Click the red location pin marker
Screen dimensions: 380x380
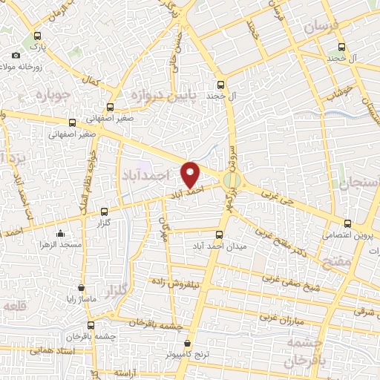191,174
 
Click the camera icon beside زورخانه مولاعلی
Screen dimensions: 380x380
16,56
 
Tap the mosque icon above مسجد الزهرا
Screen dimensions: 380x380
60,234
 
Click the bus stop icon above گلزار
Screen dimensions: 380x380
103,212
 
